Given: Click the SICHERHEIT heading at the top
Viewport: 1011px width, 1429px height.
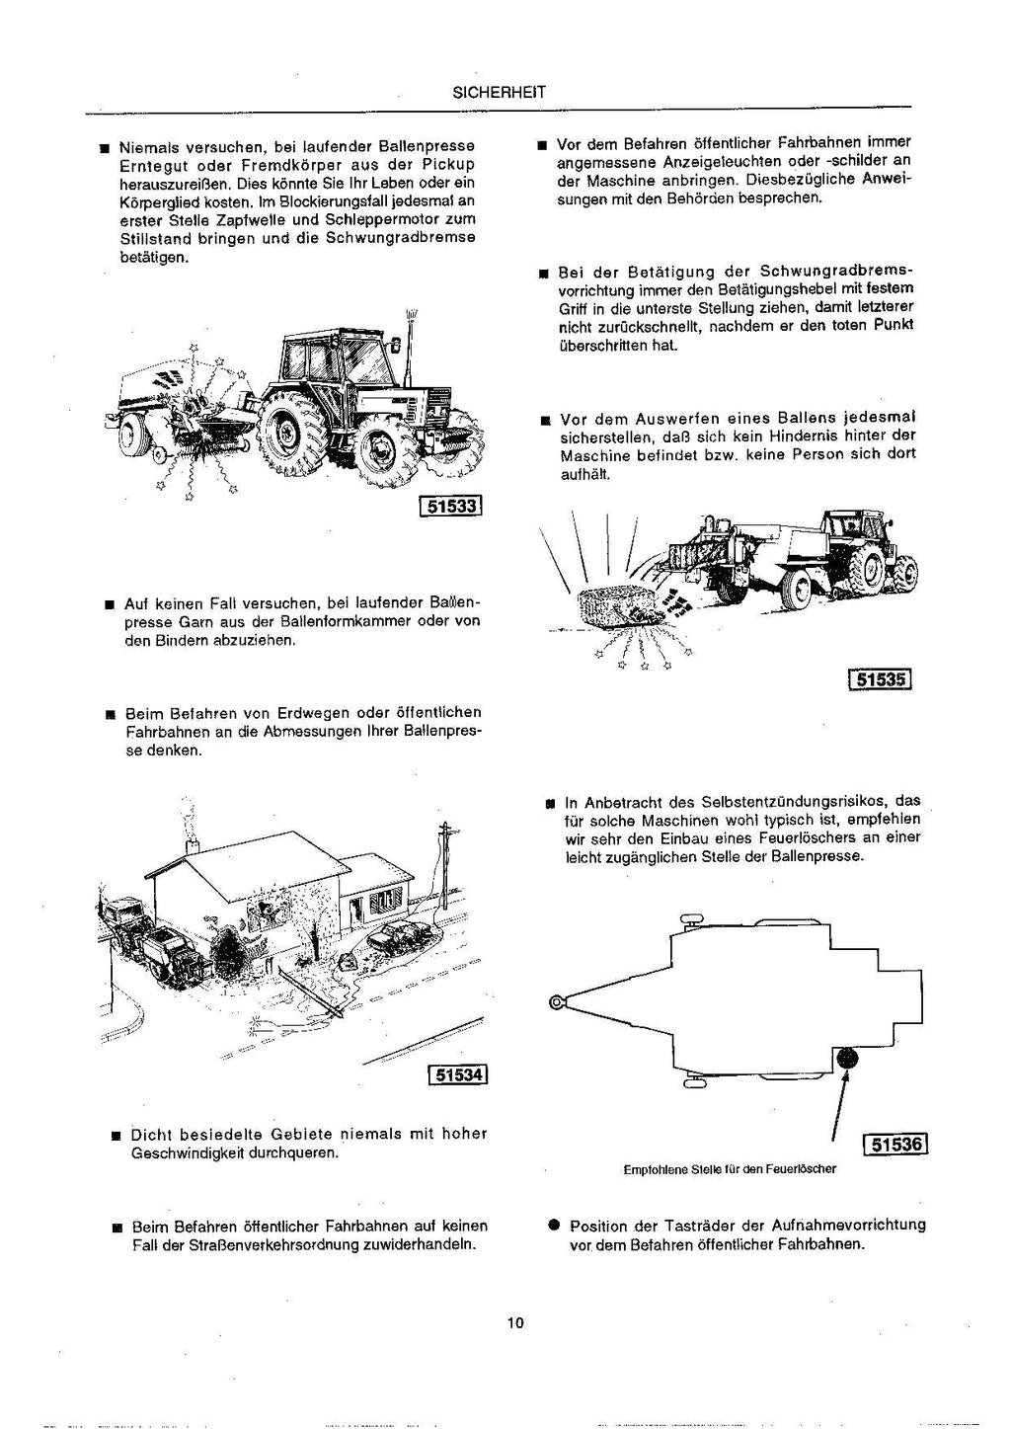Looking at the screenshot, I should (498, 93).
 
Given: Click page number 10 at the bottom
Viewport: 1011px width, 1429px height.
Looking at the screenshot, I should (514, 1323).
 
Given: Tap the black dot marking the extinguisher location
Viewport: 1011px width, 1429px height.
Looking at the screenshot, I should (848, 1060).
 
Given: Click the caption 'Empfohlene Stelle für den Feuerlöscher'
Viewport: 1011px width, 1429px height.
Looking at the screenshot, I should (730, 1169).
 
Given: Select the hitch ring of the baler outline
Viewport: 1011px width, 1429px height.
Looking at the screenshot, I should (559, 1003).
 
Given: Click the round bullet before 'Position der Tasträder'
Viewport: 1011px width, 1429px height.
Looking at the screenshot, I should (555, 1225).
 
